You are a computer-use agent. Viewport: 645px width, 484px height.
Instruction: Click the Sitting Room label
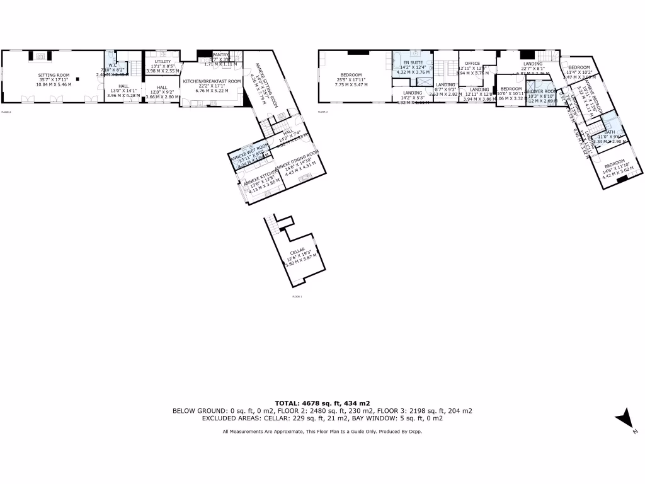[54, 74]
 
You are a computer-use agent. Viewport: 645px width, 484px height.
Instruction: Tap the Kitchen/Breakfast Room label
[212, 82]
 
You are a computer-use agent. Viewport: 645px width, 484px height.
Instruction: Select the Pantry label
[220, 55]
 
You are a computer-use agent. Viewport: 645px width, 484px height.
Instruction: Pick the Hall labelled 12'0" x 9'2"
[162, 88]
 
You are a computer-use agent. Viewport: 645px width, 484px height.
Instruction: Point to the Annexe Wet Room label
[249, 149]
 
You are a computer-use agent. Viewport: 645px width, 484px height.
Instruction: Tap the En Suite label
[413, 63]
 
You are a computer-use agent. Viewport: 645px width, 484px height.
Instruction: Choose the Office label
[472, 64]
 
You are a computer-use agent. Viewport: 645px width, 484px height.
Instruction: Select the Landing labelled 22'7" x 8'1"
[532, 64]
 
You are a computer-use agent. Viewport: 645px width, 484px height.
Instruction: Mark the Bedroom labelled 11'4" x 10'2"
[579, 67]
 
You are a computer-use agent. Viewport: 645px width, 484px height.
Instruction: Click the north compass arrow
[625, 418]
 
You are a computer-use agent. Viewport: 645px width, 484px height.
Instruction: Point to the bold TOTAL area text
[322, 403]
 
